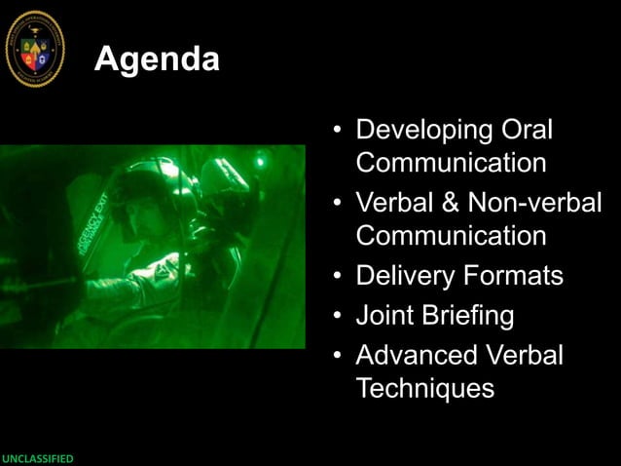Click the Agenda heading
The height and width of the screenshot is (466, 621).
tap(157, 60)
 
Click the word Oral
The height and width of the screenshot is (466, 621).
tap(527, 130)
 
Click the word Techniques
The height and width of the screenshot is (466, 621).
tap(425, 388)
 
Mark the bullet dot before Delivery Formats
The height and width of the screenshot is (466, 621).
tap(336, 277)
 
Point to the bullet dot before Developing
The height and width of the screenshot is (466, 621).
tap(336, 131)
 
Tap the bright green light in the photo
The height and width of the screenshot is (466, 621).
tap(260, 160)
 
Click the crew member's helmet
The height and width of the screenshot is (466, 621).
tap(146, 185)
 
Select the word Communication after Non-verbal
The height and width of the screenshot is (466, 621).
tap(451, 236)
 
